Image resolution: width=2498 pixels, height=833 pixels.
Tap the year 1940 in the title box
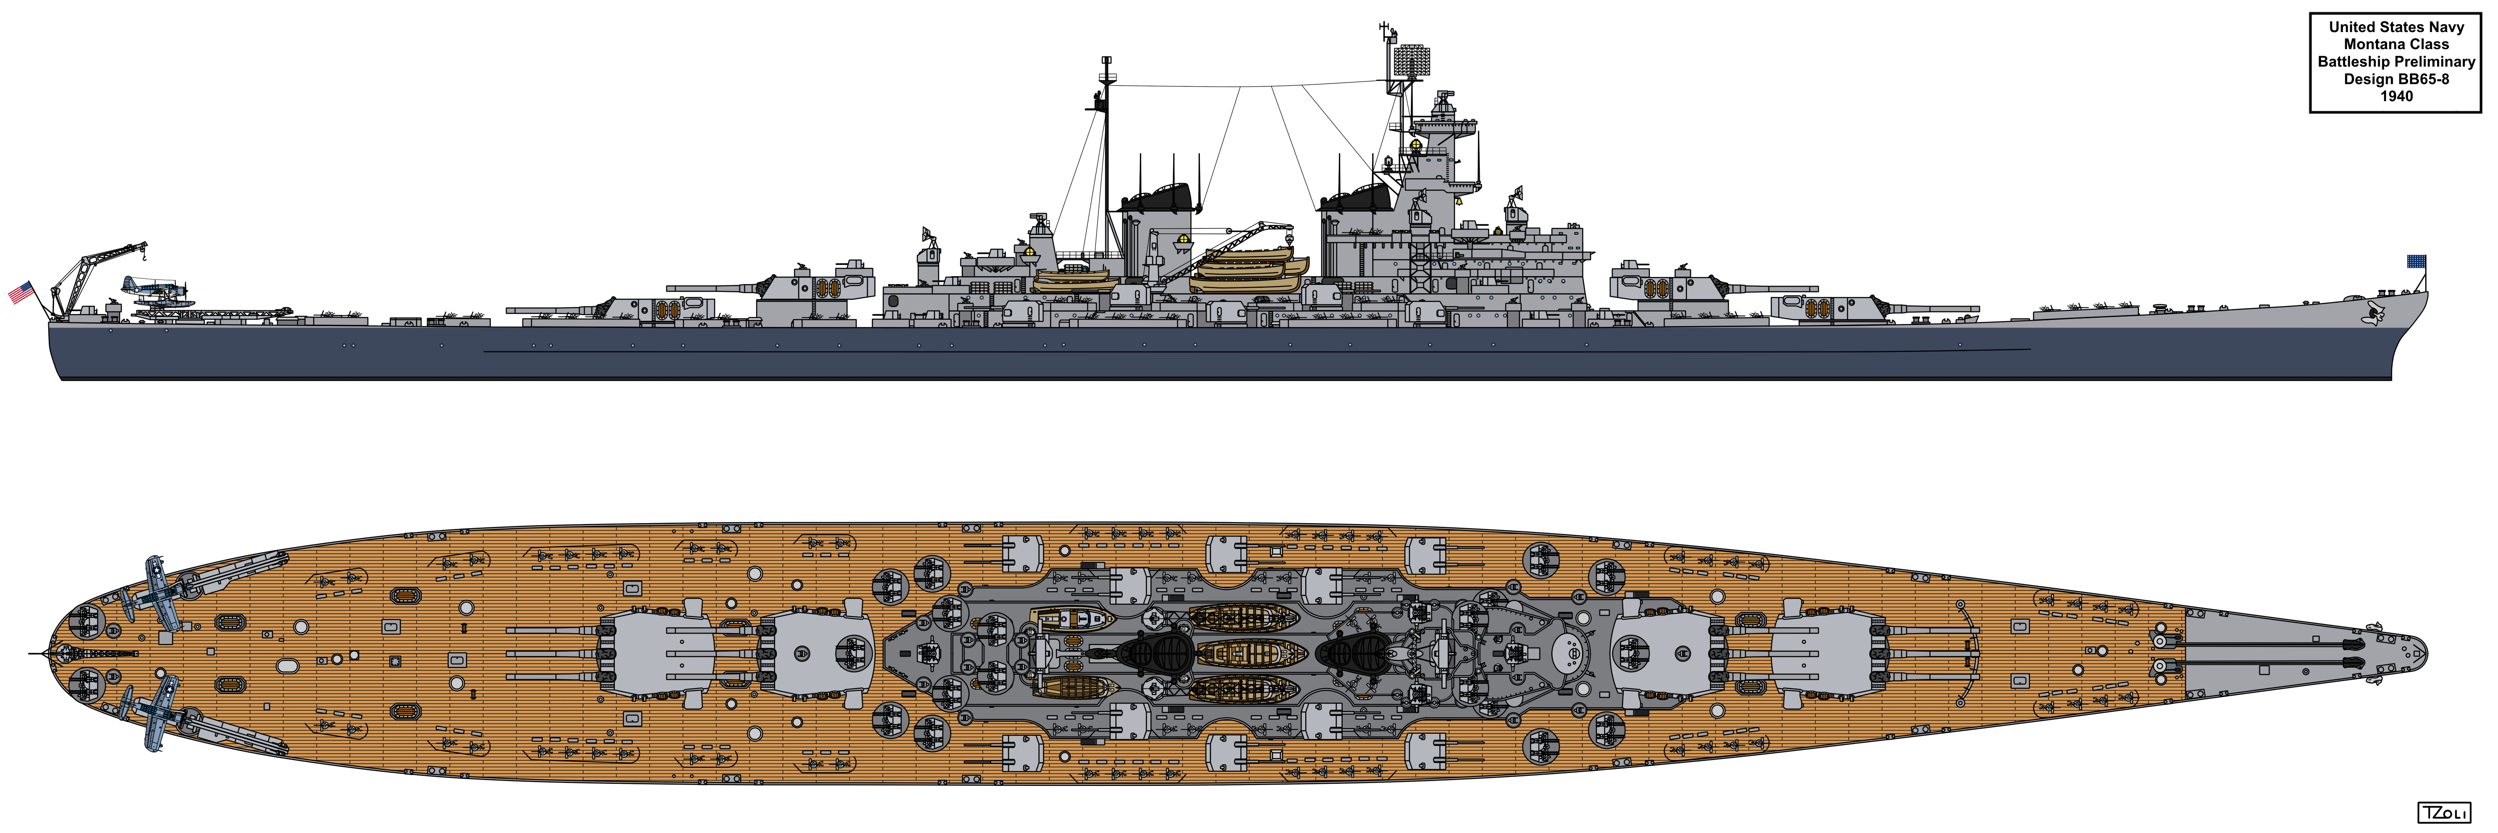tap(2396, 96)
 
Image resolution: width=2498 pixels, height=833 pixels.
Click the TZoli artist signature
tap(2463, 813)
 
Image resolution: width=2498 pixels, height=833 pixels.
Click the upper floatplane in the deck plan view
tap(155, 591)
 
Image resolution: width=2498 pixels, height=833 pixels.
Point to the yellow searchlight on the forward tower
tap(1415, 145)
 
